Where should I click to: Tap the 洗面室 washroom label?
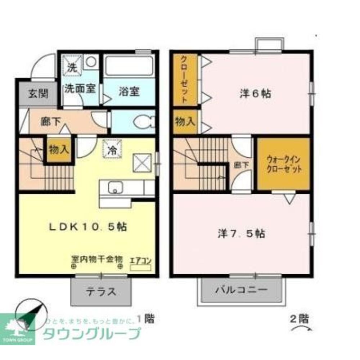[x=80, y=89]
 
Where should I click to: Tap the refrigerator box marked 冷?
[x=112, y=149]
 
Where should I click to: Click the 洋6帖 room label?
[x=255, y=94]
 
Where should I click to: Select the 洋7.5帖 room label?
[x=242, y=234]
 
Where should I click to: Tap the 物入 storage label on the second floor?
[x=185, y=122]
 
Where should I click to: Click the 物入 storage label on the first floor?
[x=59, y=149]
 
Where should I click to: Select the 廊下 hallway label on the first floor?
[x=50, y=122]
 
